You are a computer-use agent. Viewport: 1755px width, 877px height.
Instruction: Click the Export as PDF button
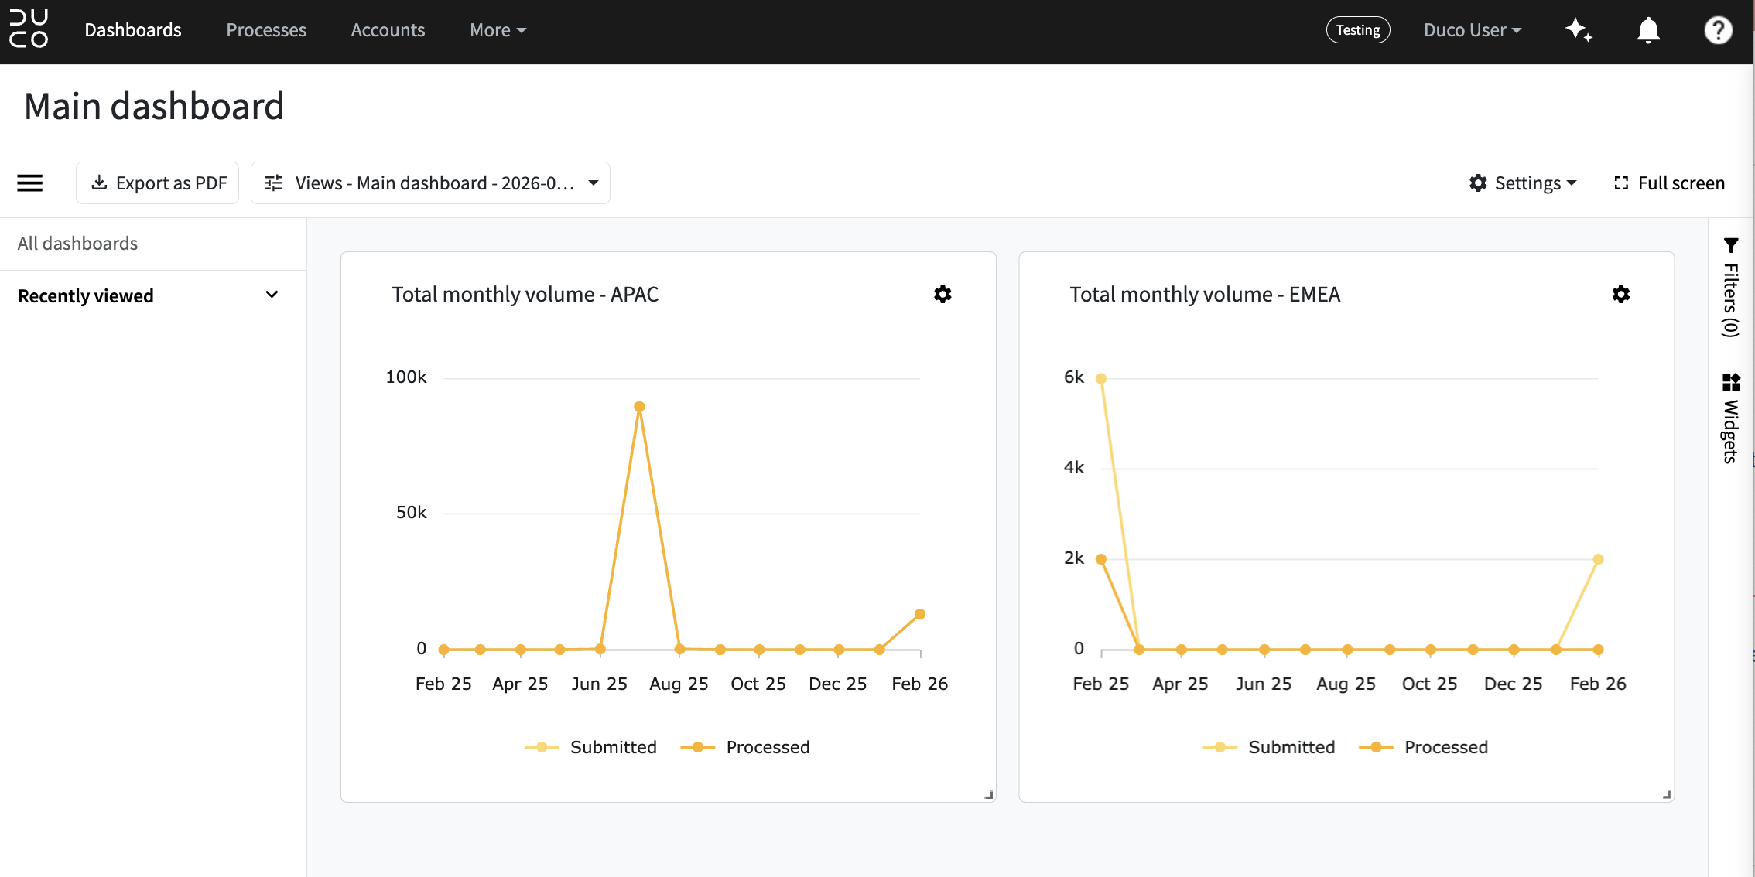click(157, 183)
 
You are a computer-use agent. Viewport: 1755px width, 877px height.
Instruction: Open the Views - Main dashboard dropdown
click(430, 183)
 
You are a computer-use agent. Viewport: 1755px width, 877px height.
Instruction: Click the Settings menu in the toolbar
click(1522, 183)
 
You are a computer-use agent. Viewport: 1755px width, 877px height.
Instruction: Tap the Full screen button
click(1669, 183)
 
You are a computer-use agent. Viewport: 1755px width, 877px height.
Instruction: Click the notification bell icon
click(1648, 30)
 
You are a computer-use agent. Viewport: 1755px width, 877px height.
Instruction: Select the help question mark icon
click(1718, 30)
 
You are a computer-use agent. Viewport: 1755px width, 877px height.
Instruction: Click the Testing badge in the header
click(1358, 30)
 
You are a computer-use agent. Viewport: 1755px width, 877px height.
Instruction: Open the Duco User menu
click(1473, 30)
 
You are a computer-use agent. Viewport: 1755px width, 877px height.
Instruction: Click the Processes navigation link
click(266, 30)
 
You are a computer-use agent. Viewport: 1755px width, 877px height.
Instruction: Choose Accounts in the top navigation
click(388, 30)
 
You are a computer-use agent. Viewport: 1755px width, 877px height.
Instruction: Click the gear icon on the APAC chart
click(942, 294)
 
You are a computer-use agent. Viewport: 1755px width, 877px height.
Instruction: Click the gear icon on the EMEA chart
click(1621, 294)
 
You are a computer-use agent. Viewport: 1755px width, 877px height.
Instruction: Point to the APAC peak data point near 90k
click(639, 407)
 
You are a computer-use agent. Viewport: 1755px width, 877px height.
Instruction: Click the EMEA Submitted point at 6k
click(1101, 379)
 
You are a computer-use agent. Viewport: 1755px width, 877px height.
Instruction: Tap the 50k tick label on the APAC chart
click(411, 513)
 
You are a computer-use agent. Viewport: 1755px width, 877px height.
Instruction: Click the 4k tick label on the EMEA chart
click(1074, 468)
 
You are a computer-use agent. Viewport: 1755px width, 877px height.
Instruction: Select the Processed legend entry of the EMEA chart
click(1424, 747)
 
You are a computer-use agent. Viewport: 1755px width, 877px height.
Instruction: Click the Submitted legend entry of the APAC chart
click(590, 747)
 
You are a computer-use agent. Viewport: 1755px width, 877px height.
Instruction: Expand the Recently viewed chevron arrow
click(272, 295)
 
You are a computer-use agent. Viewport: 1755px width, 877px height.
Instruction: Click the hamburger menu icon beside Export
click(30, 183)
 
